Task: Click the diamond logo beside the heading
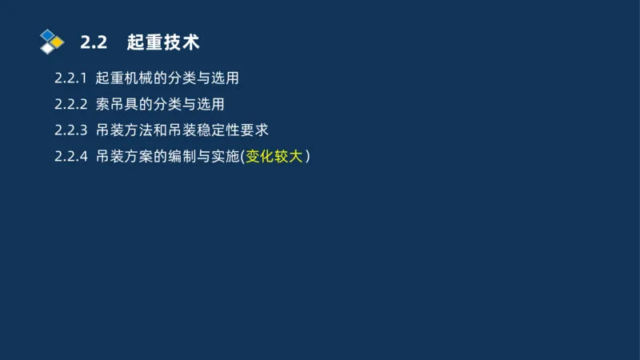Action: (x=51, y=41)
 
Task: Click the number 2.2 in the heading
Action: (x=94, y=42)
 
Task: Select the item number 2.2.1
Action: (x=70, y=78)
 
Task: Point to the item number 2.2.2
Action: (x=70, y=104)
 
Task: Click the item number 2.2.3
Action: (x=70, y=130)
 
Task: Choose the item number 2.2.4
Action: (x=70, y=156)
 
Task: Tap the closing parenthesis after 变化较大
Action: (x=307, y=156)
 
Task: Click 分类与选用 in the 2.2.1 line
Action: (x=203, y=78)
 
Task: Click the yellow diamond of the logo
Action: (x=57, y=42)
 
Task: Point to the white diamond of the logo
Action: (x=48, y=48)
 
